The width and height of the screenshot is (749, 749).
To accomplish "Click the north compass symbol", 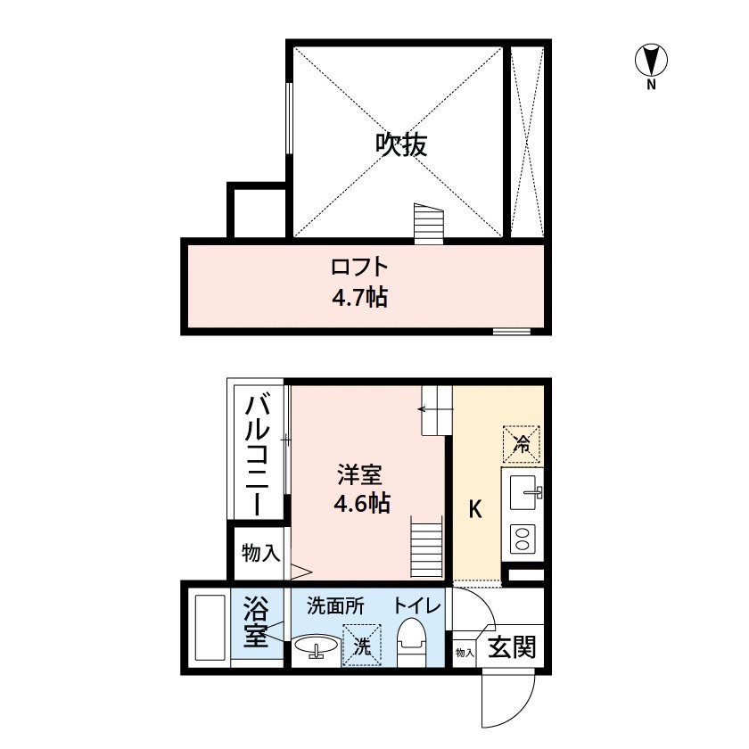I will pyautogui.click(x=652, y=61).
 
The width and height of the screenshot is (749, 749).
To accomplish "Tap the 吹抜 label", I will pyautogui.click(x=400, y=144).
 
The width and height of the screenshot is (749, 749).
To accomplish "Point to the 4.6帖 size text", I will pyautogui.click(x=361, y=503).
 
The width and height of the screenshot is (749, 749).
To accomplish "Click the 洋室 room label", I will pyautogui.click(x=361, y=473).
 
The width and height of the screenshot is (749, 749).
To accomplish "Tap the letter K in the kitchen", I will pyautogui.click(x=476, y=510).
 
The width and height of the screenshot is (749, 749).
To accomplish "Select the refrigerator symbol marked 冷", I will pyautogui.click(x=523, y=442).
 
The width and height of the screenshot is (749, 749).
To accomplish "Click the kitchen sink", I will pyautogui.click(x=523, y=490).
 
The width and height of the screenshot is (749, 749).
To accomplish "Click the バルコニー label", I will pyautogui.click(x=257, y=455).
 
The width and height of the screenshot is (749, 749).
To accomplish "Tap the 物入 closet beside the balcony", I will pyautogui.click(x=258, y=554).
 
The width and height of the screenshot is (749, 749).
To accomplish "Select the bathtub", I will pyautogui.click(x=210, y=627).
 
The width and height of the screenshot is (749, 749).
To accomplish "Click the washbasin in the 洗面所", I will pyautogui.click(x=316, y=646).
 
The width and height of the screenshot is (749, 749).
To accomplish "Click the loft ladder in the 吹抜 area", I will pyautogui.click(x=428, y=222).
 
